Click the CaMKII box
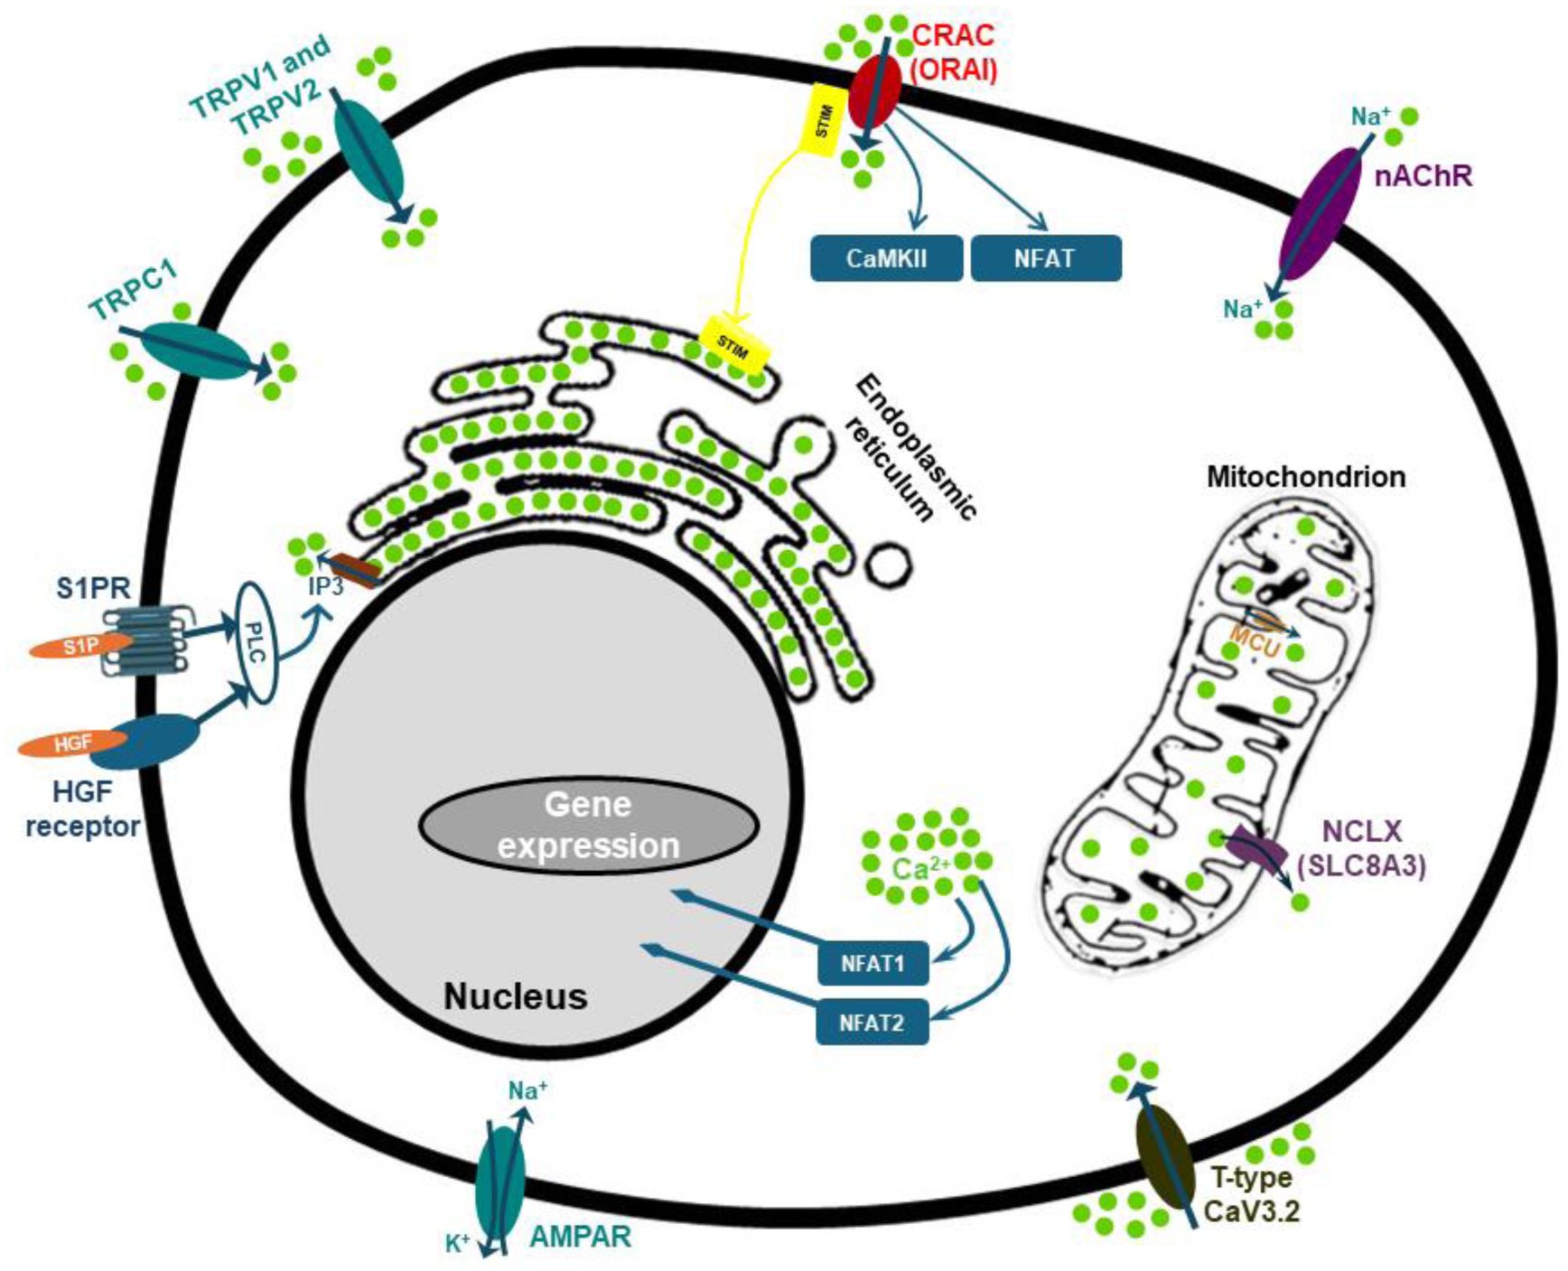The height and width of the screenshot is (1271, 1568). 886,258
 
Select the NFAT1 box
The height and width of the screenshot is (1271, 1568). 873,963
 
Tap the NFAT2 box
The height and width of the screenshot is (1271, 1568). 872,1023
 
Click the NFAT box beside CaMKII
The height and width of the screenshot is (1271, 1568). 1045,258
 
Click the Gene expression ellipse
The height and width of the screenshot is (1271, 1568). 588,825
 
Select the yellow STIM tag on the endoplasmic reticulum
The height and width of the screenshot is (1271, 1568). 733,344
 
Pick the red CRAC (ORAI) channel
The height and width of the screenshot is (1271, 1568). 874,90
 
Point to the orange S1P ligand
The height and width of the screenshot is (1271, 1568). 77,647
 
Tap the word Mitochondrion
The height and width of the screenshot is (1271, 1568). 1305,477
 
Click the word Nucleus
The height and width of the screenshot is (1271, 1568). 515,997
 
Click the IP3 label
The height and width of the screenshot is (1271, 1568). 325,585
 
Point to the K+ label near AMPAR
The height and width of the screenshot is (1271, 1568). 458,1244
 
